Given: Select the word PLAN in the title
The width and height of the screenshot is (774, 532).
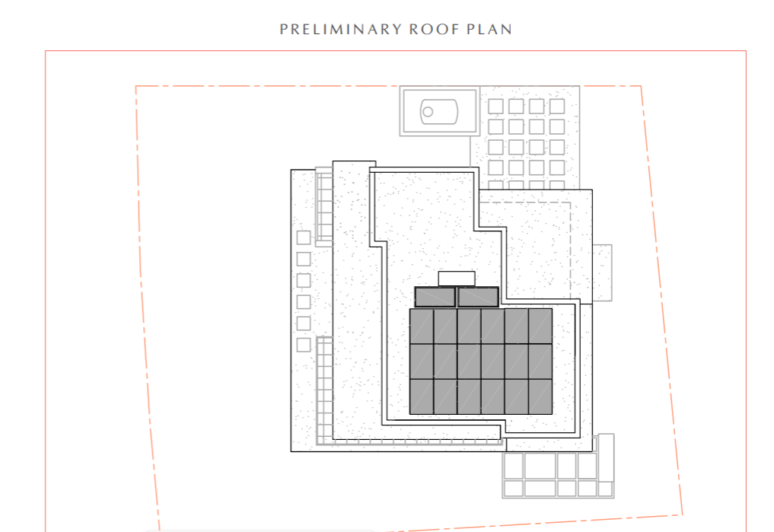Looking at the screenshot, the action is pyautogui.click(x=489, y=30).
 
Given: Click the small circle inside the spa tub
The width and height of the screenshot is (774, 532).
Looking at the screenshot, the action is pyautogui.click(x=428, y=112).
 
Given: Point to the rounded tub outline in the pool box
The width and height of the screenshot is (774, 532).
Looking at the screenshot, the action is pyautogui.click(x=439, y=112).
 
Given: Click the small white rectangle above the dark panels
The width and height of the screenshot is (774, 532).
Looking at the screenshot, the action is pyautogui.click(x=457, y=279).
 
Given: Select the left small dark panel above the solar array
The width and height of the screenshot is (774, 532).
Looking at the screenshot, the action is pyautogui.click(x=435, y=297).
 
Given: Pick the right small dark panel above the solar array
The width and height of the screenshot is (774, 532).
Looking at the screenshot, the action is pyautogui.click(x=478, y=297).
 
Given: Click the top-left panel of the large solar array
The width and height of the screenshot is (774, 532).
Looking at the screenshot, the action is pyautogui.click(x=422, y=327).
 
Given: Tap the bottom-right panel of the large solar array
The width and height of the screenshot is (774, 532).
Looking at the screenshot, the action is pyautogui.click(x=540, y=397).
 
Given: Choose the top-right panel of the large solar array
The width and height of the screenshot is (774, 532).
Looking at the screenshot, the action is pyautogui.click(x=540, y=327).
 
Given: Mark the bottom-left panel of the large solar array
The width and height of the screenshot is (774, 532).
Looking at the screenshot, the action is pyautogui.click(x=422, y=397).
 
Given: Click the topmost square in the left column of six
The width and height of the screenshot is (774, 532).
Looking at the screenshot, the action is pyautogui.click(x=304, y=237).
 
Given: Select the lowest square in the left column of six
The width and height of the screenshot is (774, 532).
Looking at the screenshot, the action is pyautogui.click(x=304, y=345).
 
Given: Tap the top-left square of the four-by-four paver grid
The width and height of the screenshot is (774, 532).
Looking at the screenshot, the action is pyautogui.click(x=495, y=106).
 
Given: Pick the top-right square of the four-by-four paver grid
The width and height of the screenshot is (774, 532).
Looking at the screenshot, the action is pyautogui.click(x=557, y=106).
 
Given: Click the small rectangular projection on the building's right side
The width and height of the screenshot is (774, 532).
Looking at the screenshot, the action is pyautogui.click(x=602, y=272).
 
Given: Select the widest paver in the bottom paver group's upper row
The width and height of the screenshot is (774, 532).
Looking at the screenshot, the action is pyautogui.click(x=540, y=465).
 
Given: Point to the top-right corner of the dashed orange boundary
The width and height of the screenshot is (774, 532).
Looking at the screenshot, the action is pyautogui.click(x=641, y=86).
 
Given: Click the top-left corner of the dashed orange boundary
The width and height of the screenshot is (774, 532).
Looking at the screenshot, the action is pyautogui.click(x=135, y=86).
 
